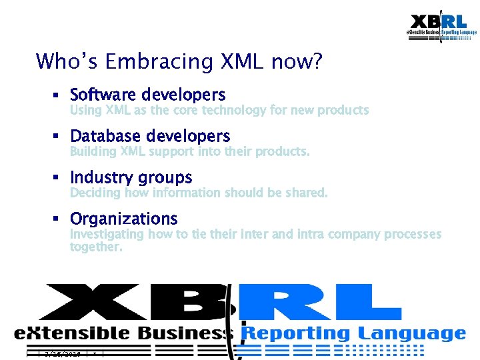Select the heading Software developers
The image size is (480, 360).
pyautogui.click(x=147, y=95)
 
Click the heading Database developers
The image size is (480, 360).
pyautogui.click(x=150, y=136)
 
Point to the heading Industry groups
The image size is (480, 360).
pyautogui.click(x=131, y=177)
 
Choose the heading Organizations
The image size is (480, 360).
pyautogui.click(x=124, y=219)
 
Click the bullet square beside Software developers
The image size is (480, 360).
pyautogui.click(x=58, y=95)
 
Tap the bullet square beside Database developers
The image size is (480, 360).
pyautogui.click(x=58, y=137)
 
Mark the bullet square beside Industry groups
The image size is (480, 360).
pyautogui.click(x=58, y=178)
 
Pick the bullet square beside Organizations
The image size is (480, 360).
pyautogui.click(x=58, y=219)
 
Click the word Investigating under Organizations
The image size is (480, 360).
pyautogui.click(x=107, y=234)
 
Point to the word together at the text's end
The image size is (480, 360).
pyautogui.click(x=96, y=247)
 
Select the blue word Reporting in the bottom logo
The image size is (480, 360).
pyautogui.click(x=295, y=333)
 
